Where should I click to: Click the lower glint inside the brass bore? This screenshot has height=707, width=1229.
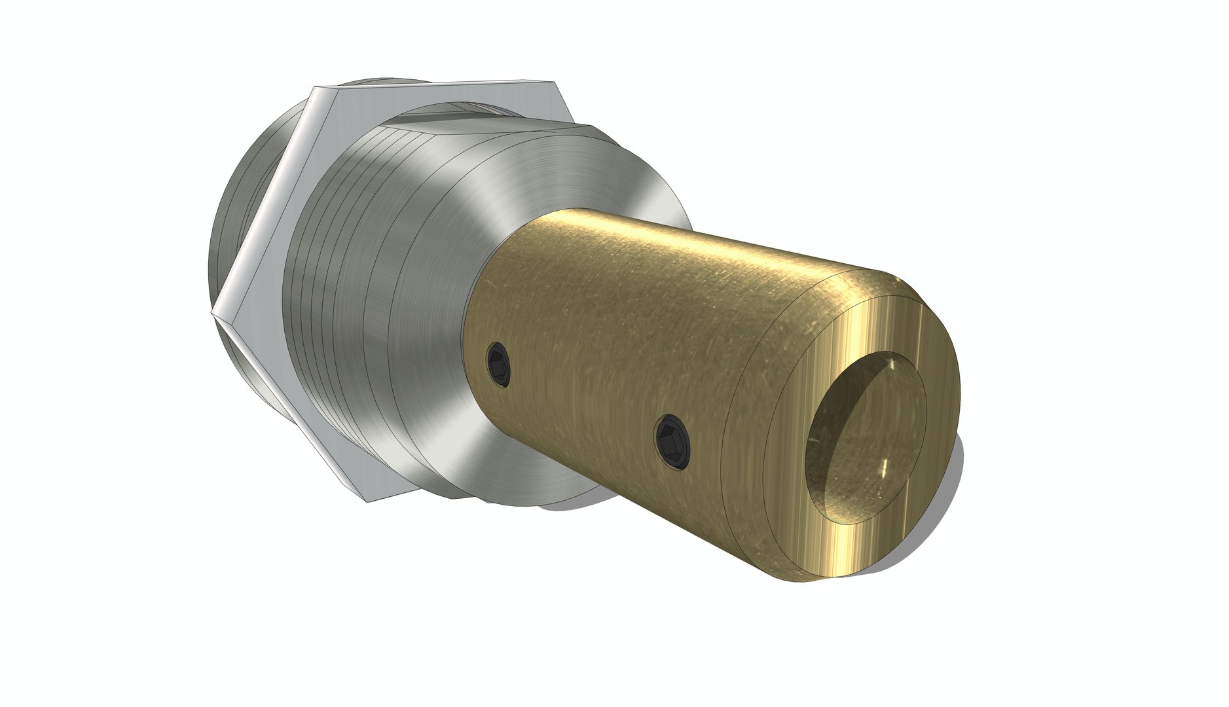[884, 468]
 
